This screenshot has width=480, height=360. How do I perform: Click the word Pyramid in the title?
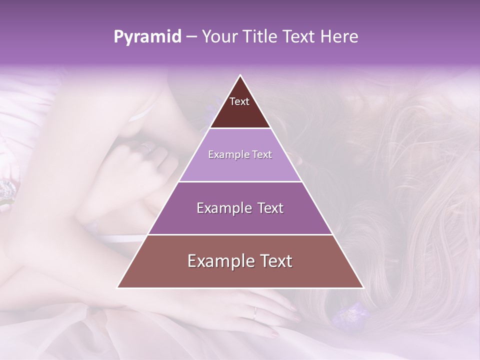click(x=147, y=37)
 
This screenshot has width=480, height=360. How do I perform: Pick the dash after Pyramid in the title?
click(x=191, y=37)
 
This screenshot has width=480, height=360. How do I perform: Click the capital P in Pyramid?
click(x=118, y=36)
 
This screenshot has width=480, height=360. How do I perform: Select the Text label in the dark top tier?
click(x=239, y=101)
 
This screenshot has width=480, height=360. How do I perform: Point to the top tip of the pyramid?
click(x=240, y=75)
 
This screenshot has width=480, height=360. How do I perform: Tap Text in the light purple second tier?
click(x=262, y=154)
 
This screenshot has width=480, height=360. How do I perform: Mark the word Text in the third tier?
click(x=271, y=208)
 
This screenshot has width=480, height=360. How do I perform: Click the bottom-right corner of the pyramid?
click(x=363, y=287)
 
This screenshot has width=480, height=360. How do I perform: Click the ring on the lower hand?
click(x=255, y=312)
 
